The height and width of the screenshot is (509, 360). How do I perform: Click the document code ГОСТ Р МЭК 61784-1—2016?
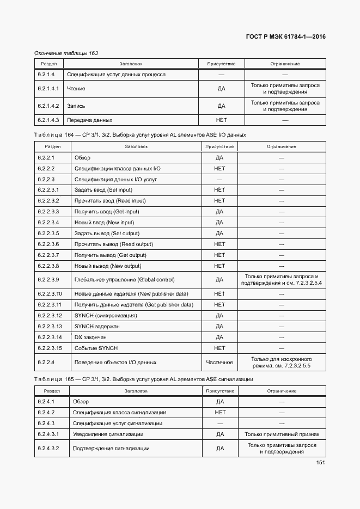point(286,38)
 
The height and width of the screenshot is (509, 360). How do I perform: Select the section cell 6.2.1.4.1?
point(48,88)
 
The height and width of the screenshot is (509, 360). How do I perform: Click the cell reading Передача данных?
point(89,120)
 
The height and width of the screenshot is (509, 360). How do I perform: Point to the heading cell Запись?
point(76,106)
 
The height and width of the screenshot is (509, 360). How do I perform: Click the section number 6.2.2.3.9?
point(48,279)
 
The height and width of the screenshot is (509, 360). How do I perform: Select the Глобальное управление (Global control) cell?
point(124,279)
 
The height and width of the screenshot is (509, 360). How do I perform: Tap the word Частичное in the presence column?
point(219,362)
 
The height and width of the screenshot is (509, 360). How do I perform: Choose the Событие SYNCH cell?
point(96,348)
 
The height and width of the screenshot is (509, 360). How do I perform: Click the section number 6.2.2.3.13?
point(50,326)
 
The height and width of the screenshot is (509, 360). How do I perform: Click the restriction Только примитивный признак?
point(282,434)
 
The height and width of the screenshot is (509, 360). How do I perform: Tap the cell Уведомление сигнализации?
point(108,434)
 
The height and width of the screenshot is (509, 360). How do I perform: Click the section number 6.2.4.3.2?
point(48,449)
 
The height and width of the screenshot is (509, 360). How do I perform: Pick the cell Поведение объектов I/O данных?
point(115,362)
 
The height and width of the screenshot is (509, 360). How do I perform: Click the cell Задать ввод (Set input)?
point(103,190)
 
